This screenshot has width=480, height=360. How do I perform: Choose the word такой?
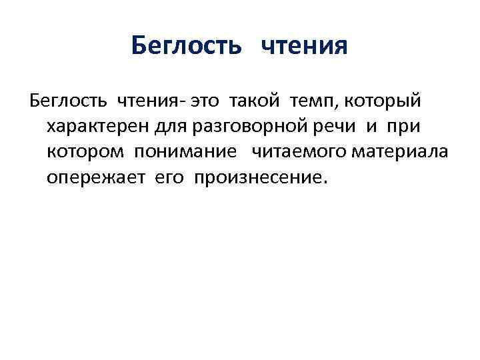[x=256, y=101]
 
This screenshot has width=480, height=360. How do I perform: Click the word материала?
[x=402, y=152]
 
